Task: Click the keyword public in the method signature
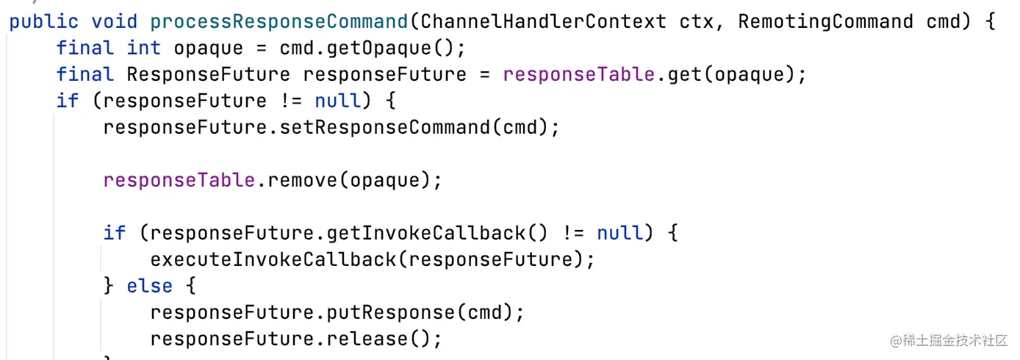pos(43,21)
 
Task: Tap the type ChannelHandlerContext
pos(544,21)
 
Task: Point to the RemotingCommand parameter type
pos(825,21)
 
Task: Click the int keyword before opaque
pos(144,48)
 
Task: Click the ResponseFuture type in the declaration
pos(209,74)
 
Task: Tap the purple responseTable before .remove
pos(179,180)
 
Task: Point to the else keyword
pos(150,286)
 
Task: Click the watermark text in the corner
pos(949,340)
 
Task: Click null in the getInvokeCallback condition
pos(620,233)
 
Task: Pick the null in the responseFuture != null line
pos(338,101)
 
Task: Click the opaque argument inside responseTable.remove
pos(385,180)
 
